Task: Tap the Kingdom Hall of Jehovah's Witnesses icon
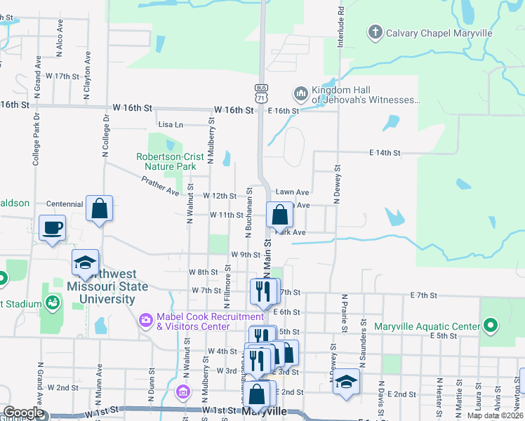click(x=300, y=93)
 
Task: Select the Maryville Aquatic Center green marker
click(x=491, y=326)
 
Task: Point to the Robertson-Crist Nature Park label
click(x=166, y=162)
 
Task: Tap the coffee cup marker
click(x=53, y=228)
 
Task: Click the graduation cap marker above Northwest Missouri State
click(x=85, y=263)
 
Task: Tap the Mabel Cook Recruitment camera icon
click(x=146, y=321)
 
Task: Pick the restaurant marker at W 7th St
click(x=263, y=291)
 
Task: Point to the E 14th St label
click(x=385, y=152)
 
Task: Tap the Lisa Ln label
click(x=171, y=124)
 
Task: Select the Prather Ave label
click(x=161, y=185)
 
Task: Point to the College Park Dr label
click(x=36, y=145)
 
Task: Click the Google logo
click(x=23, y=413)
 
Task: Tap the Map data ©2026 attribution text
click(x=495, y=415)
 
